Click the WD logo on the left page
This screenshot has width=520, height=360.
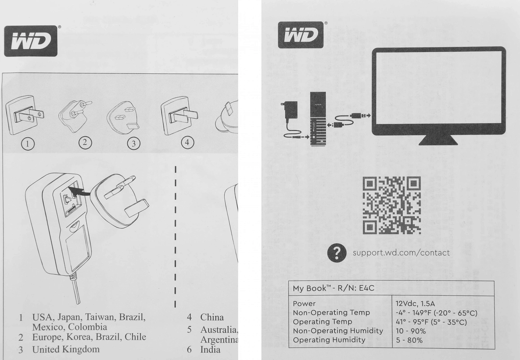point(31,41)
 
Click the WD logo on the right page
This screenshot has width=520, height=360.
point(301,35)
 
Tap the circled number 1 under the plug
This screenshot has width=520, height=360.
point(28,144)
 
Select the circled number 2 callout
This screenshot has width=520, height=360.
point(85,142)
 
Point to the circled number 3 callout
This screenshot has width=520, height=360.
point(134,144)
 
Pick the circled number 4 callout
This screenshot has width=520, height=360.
point(187,142)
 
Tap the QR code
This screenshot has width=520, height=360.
point(392,205)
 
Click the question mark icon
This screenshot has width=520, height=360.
point(337,253)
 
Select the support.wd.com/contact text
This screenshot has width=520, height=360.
point(401,253)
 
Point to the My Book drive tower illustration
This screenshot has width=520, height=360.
point(318,119)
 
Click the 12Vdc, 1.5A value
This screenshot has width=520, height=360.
point(415,304)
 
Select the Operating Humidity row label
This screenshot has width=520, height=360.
point(329,340)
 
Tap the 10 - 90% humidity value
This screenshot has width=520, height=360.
point(411,331)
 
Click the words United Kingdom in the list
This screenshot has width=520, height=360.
point(66,349)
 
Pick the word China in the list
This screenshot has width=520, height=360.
point(212,317)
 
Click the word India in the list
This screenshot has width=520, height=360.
point(210,350)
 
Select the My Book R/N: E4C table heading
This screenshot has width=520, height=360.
point(333,288)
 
